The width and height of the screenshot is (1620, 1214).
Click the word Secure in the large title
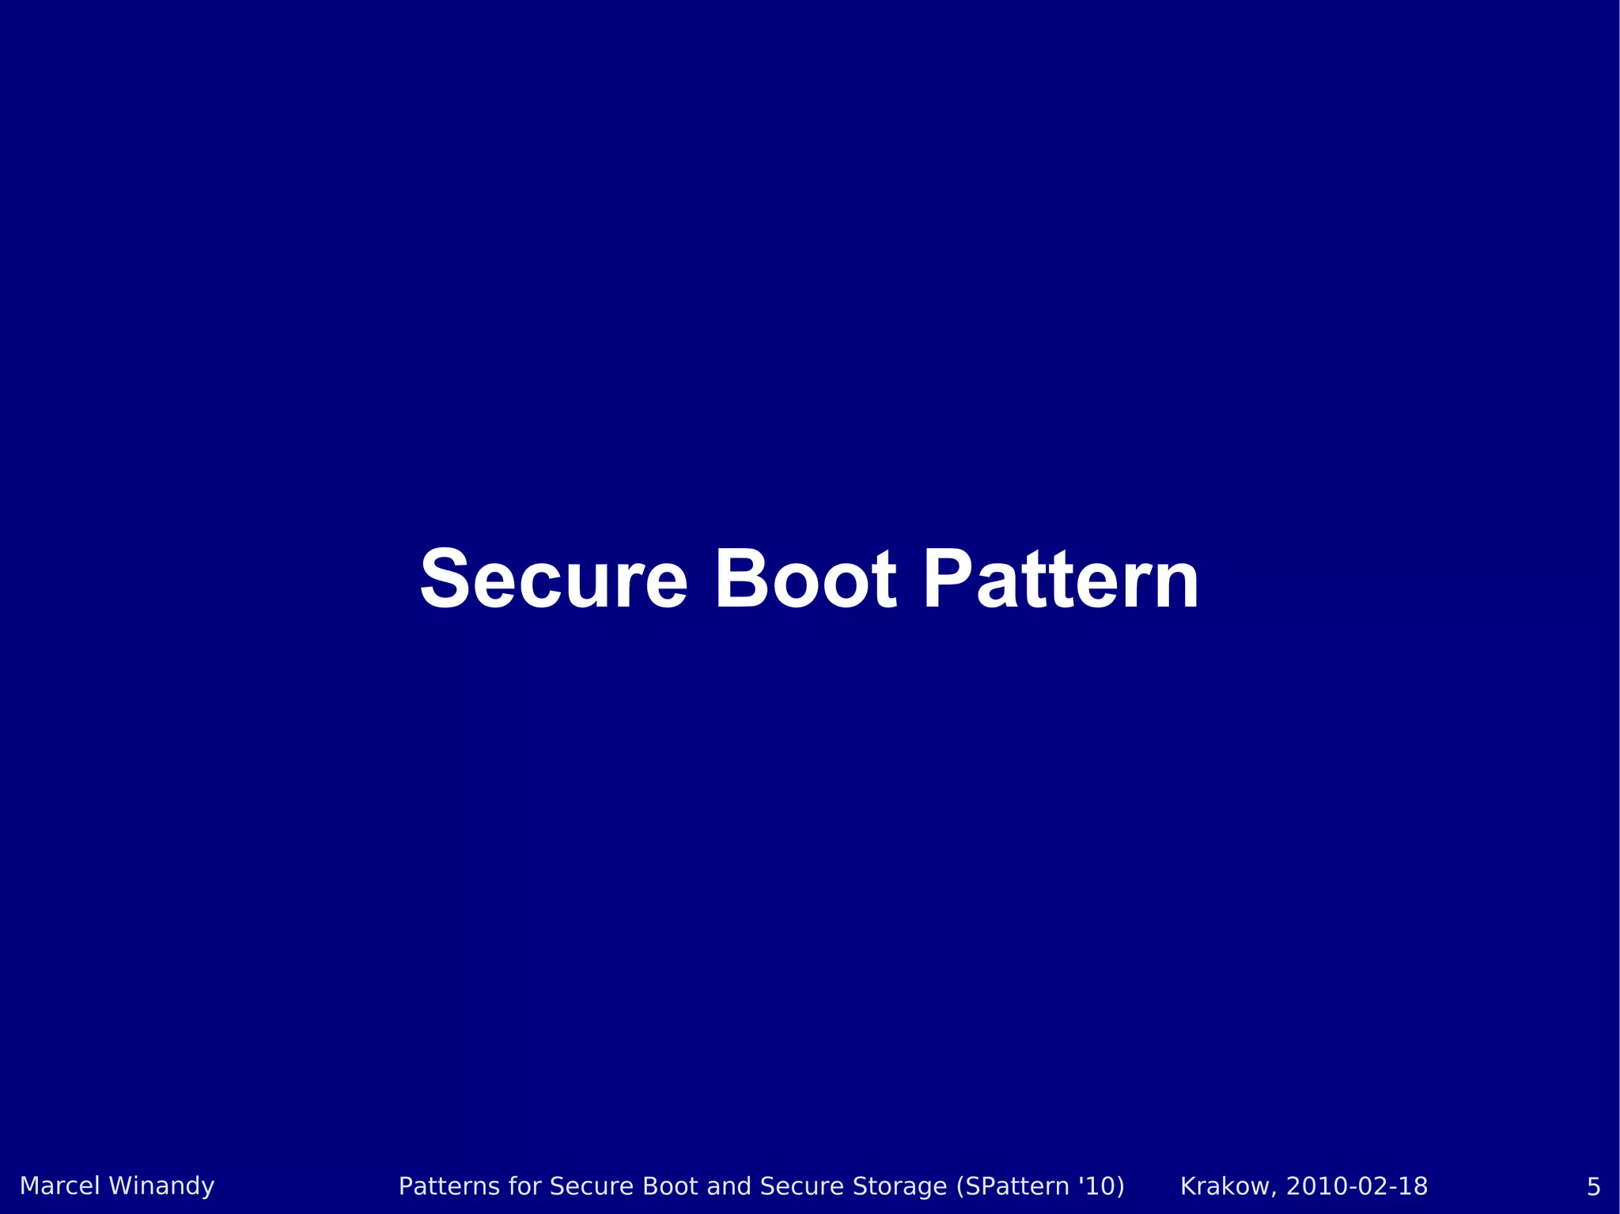[553, 581]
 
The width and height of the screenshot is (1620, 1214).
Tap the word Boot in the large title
[805, 581]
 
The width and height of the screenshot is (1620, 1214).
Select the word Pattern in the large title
[1061, 581]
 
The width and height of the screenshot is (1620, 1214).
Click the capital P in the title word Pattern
[948, 581]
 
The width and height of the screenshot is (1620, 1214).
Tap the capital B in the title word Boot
[740, 581]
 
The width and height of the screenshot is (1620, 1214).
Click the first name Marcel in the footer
[60, 1186]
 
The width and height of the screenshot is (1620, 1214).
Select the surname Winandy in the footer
[161, 1186]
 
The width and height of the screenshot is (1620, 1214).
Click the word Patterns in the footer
[449, 1186]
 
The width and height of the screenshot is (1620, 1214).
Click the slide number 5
[1593, 1187]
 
